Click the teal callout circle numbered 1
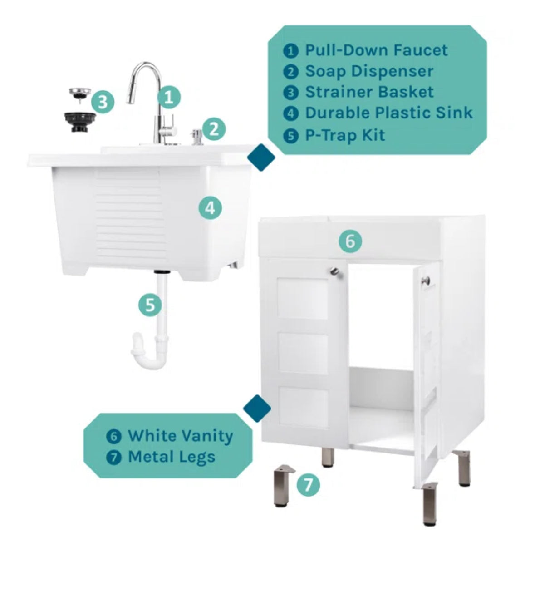coord(169,97)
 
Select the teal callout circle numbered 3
coord(103,102)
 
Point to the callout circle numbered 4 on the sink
coord(210,208)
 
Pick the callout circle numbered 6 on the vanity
coord(350,241)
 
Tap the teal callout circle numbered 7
coord(308,485)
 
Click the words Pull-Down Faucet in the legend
coord(376,50)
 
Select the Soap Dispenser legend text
coord(369,71)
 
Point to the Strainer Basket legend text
coord(369,92)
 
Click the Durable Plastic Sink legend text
coord(388,113)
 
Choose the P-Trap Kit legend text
coord(345,135)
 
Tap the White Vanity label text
coord(180,436)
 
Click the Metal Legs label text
coord(172,457)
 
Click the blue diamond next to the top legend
coord(261,158)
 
